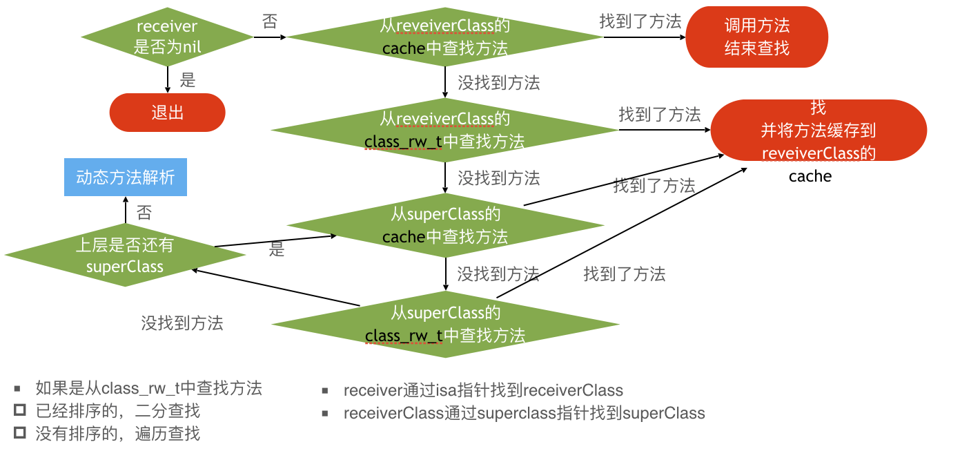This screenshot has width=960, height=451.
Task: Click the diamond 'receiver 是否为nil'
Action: [167, 37]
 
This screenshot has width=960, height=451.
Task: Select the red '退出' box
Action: [167, 113]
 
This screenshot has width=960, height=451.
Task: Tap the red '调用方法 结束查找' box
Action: [756, 37]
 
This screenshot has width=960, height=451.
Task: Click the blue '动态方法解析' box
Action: [125, 177]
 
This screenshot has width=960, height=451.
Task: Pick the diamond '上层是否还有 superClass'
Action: [125, 256]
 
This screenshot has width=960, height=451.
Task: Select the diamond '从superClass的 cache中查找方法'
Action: [445, 225]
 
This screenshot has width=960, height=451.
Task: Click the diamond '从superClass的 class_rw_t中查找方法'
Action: [445, 324]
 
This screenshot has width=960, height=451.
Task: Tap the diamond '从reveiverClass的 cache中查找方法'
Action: [445, 37]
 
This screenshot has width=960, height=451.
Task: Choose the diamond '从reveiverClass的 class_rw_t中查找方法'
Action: [445, 130]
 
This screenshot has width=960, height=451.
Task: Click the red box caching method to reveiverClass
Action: [819, 131]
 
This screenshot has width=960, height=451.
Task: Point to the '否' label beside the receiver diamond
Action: [270, 22]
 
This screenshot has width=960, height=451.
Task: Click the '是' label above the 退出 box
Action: [188, 80]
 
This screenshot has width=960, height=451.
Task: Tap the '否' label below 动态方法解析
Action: [144, 212]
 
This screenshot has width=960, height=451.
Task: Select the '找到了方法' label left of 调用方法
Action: [640, 21]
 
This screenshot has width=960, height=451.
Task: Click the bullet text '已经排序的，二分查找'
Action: [117, 412]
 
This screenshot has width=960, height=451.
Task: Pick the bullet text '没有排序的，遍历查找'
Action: [117, 434]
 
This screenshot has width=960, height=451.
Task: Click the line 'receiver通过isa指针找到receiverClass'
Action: [483, 390]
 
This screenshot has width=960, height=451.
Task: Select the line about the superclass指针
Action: [524, 414]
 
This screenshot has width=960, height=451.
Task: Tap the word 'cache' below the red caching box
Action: [810, 176]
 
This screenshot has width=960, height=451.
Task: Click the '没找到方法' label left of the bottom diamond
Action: [182, 323]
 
